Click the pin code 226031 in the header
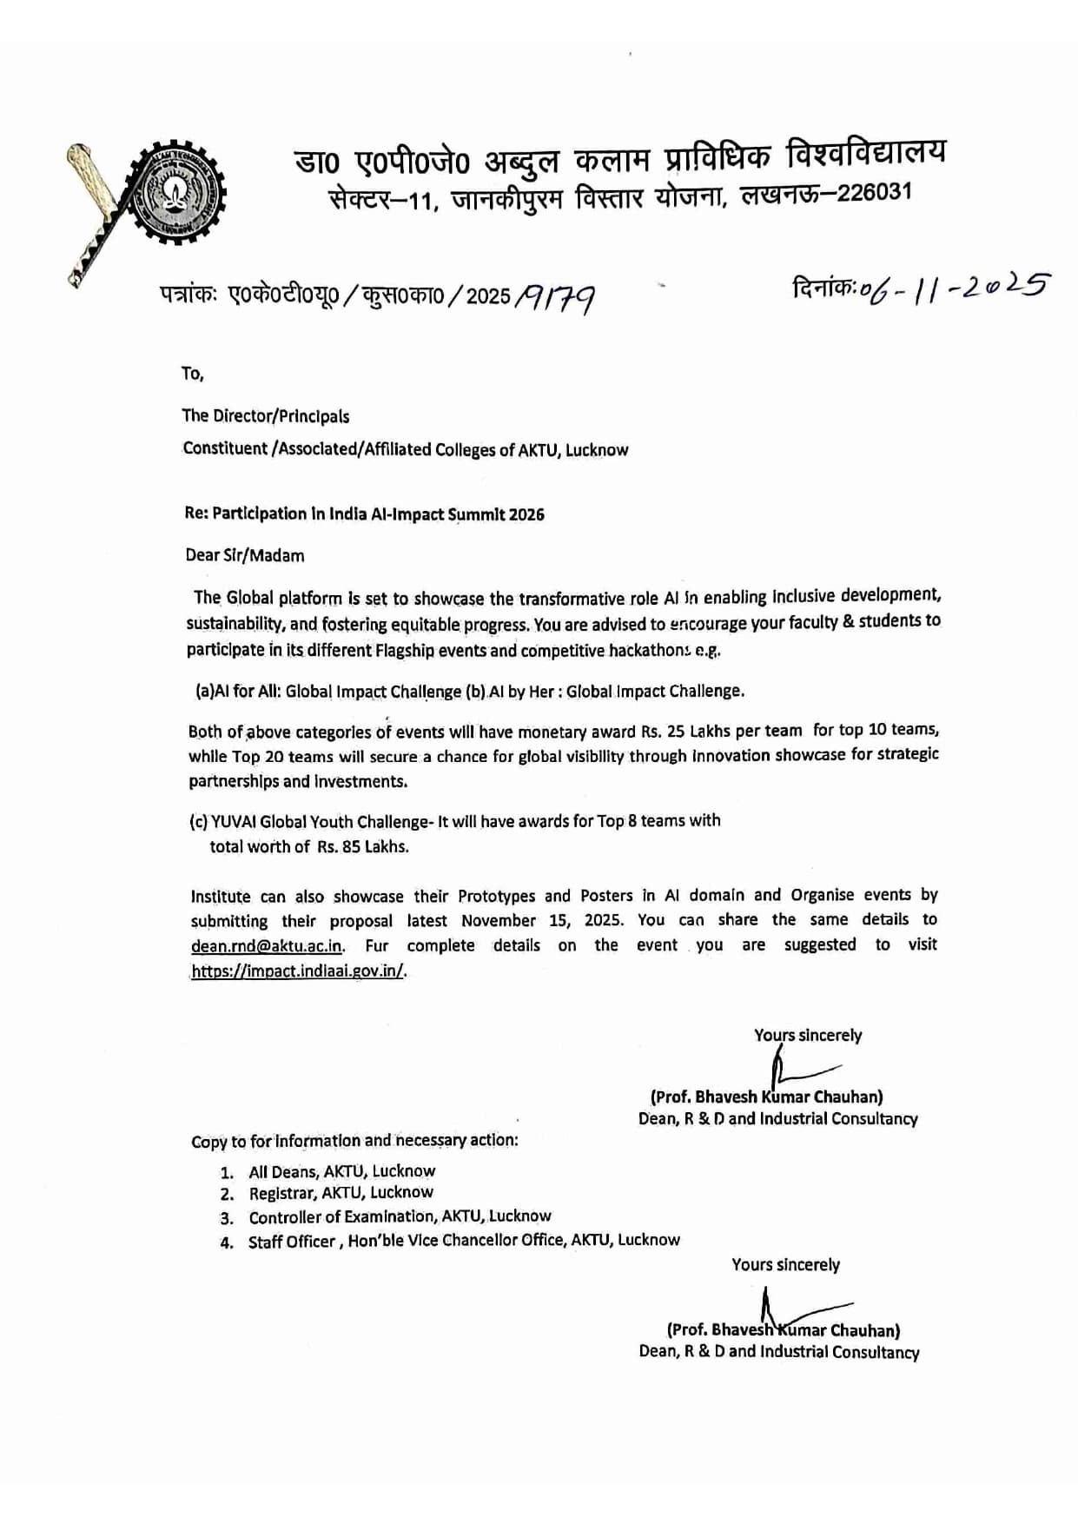click(875, 193)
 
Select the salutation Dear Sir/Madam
click(245, 555)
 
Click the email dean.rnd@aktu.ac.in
click(267, 946)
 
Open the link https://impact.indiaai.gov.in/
click(298, 971)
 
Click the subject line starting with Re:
click(364, 514)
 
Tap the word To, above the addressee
click(192, 374)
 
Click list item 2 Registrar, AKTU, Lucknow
click(341, 1193)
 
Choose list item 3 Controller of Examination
click(400, 1216)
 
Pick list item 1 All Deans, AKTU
click(341, 1171)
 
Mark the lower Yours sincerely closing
click(785, 1265)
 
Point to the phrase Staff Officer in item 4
click(292, 1242)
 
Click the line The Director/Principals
click(266, 416)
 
